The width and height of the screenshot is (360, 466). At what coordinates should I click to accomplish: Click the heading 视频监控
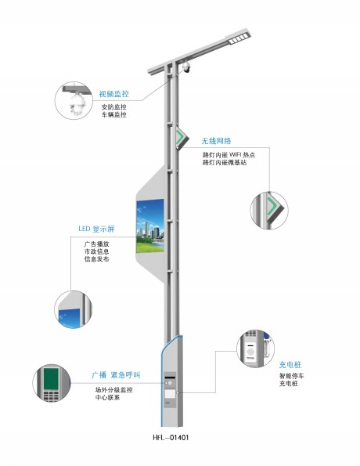coord(113,94)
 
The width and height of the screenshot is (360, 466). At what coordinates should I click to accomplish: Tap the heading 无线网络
coord(216,140)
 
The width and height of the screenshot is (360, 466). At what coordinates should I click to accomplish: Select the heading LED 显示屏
coord(96,229)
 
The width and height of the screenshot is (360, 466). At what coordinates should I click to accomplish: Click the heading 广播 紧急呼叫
coord(116,375)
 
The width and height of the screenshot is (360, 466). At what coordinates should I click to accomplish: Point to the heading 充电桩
coord(290,365)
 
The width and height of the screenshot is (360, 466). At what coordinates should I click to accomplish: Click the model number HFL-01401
coord(171,438)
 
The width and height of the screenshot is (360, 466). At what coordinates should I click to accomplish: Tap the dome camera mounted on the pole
coord(186,67)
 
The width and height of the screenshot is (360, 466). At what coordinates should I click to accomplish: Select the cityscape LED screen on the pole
coord(150,226)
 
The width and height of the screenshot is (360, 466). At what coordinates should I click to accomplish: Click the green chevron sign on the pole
coord(182,137)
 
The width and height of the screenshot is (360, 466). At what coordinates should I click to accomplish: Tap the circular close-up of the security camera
coord(74,101)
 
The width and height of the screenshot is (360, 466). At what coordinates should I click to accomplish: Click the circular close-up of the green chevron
coord(269,210)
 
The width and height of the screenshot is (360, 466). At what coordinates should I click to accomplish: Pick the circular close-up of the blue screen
coord(73,309)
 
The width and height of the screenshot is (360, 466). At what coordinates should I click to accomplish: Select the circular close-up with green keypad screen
coord(52,383)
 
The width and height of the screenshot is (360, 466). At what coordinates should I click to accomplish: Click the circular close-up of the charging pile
coord(255,349)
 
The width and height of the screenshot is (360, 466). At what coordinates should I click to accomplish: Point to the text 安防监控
coord(113,107)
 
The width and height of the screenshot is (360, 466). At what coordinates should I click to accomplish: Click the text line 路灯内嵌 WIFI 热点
coord(229,155)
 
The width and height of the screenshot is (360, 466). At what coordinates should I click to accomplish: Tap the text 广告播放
coord(96,244)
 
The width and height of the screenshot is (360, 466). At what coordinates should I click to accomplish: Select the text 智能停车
coord(291,376)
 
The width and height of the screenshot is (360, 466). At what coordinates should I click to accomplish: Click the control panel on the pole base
coord(170,389)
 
